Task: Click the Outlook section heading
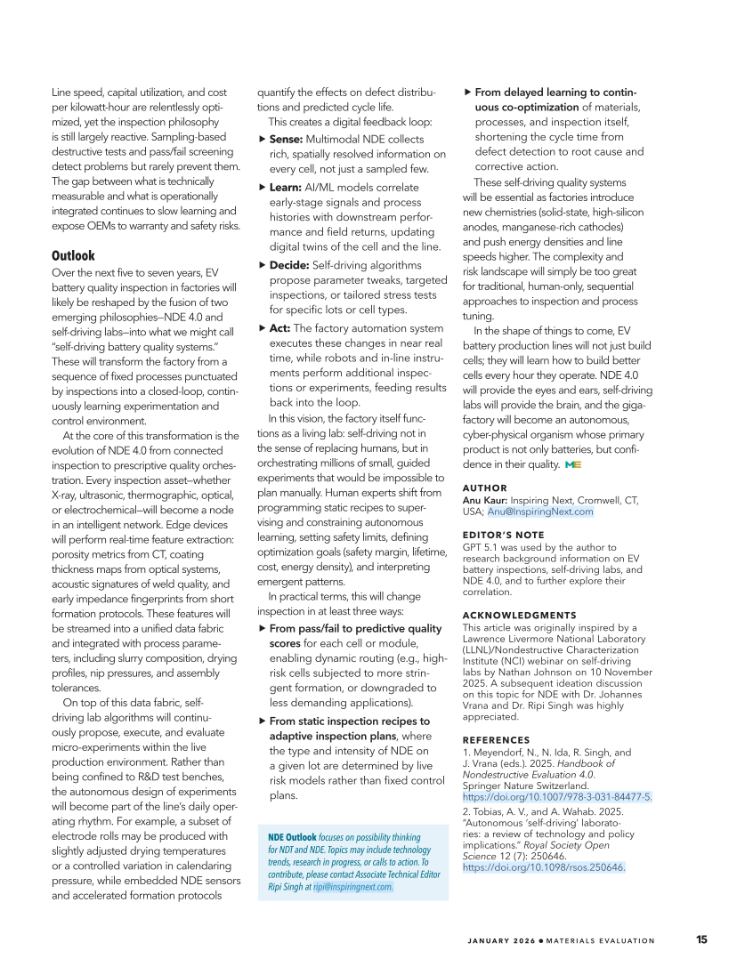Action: click(x=73, y=255)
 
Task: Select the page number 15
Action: click(x=701, y=939)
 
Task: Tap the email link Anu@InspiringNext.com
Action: click(x=539, y=512)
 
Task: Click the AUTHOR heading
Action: click(x=485, y=488)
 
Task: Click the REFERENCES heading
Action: click(x=496, y=740)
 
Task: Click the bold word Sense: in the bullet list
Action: click(x=287, y=140)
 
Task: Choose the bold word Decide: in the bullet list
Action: click(x=289, y=265)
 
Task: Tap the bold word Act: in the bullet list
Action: click(x=279, y=328)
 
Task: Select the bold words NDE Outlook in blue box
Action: click(x=292, y=838)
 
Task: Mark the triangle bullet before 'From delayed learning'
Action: click(x=469, y=93)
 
